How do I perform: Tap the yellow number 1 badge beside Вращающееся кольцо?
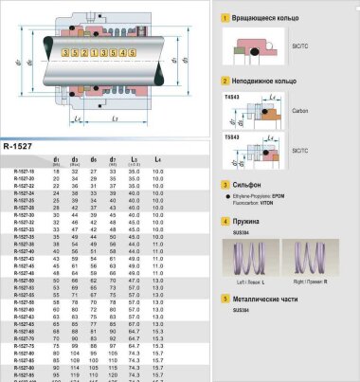tap(224, 17)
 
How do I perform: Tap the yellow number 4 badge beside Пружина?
tap(224, 221)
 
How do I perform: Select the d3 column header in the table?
tap(74, 159)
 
